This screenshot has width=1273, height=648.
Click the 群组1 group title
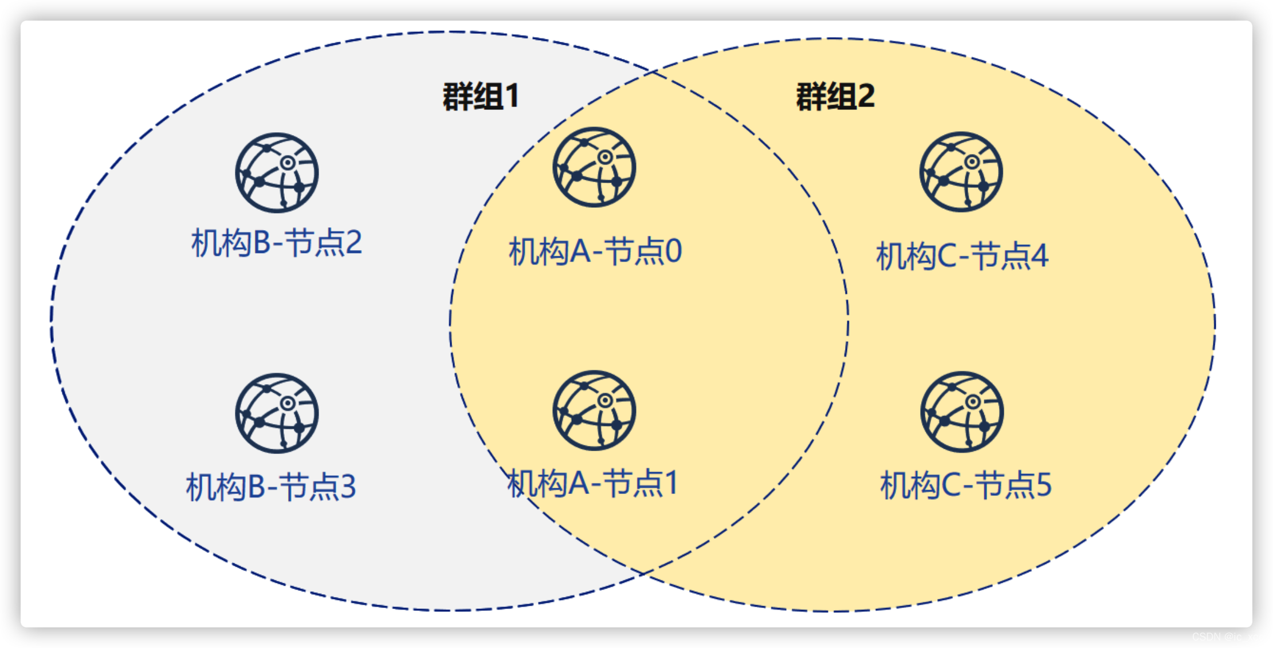(481, 96)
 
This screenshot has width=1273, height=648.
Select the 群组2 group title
(835, 96)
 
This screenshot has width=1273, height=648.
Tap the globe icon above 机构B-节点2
(277, 173)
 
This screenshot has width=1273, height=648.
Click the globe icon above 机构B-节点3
(277, 413)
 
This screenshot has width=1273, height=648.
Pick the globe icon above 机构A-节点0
(594, 167)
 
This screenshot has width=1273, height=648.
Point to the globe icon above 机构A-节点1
(594, 410)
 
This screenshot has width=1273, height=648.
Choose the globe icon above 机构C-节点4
(961, 172)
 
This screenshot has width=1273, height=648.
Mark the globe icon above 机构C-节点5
(962, 412)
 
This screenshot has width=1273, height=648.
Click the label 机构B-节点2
(277, 243)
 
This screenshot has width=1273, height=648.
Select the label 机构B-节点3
(271, 487)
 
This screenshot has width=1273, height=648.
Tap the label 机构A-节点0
(595, 252)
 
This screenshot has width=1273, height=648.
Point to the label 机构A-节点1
(593, 483)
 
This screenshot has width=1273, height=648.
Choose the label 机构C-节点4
(962, 256)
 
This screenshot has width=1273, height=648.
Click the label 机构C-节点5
(966, 485)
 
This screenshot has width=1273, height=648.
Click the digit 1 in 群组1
(512, 96)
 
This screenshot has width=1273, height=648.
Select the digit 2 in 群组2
(866, 96)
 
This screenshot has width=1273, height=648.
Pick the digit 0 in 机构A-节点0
(674, 252)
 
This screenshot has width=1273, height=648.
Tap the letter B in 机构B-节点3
(257, 487)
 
